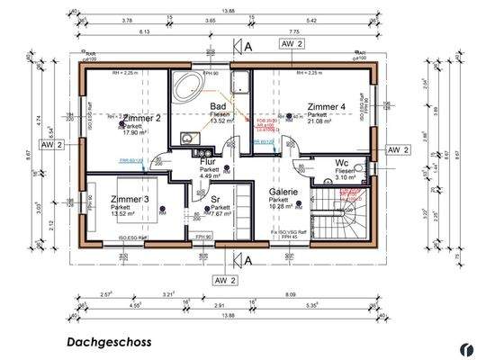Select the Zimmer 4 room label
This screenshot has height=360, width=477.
click(326, 106)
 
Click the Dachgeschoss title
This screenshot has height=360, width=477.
click(109, 342)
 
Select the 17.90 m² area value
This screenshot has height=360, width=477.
click(133, 132)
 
